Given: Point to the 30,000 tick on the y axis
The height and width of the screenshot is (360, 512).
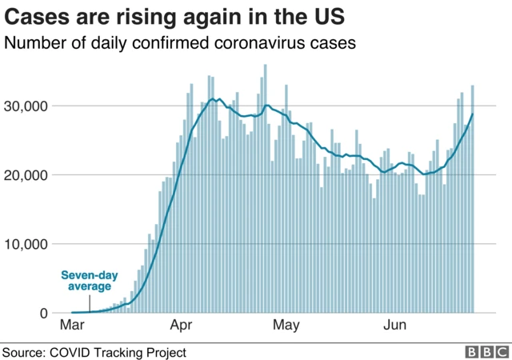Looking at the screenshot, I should (26, 106).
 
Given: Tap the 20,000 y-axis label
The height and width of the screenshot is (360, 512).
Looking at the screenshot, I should (26, 175).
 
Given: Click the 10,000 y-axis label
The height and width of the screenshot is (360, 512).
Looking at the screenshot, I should (26, 244).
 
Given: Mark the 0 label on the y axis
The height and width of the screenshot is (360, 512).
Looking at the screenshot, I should (43, 313).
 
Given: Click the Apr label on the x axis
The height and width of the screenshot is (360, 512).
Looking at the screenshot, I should (182, 326).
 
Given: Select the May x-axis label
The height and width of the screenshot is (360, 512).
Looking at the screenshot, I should (286, 326).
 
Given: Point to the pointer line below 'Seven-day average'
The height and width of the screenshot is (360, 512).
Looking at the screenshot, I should (90, 302).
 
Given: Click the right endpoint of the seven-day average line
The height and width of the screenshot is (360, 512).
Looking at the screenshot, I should (473, 114).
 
